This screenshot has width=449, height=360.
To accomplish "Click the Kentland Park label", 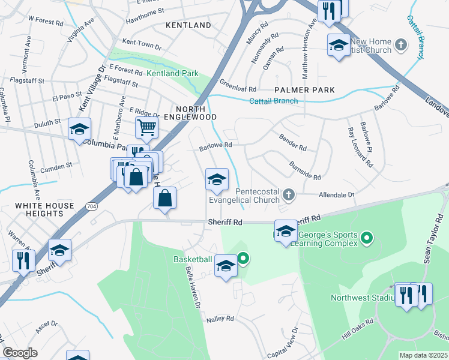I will [172, 73].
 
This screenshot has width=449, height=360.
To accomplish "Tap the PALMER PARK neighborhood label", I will [304, 90].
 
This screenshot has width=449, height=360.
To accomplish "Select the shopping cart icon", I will [146, 127].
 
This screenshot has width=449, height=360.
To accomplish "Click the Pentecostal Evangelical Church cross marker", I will [289, 194].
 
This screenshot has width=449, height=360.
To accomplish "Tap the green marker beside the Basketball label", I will [243, 259].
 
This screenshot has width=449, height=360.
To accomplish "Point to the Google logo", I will [20, 353].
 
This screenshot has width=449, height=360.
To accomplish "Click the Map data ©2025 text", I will [423, 355].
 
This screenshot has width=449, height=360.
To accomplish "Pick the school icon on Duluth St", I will [79, 130].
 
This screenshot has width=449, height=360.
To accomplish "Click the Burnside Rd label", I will [304, 170].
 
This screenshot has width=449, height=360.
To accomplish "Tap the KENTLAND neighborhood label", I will [190, 25].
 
